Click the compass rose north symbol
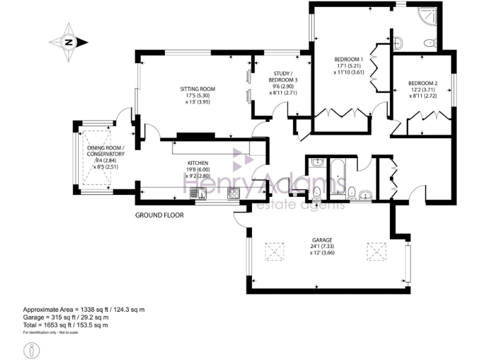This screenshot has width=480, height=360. click(68, 42)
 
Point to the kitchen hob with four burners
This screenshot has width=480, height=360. click(234, 193)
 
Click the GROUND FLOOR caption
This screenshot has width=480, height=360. click(159, 215)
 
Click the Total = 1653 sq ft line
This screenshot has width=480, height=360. click(66, 325)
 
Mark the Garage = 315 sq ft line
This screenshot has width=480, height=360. click(66, 317)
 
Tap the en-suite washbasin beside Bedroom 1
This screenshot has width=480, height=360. click(398, 42)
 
